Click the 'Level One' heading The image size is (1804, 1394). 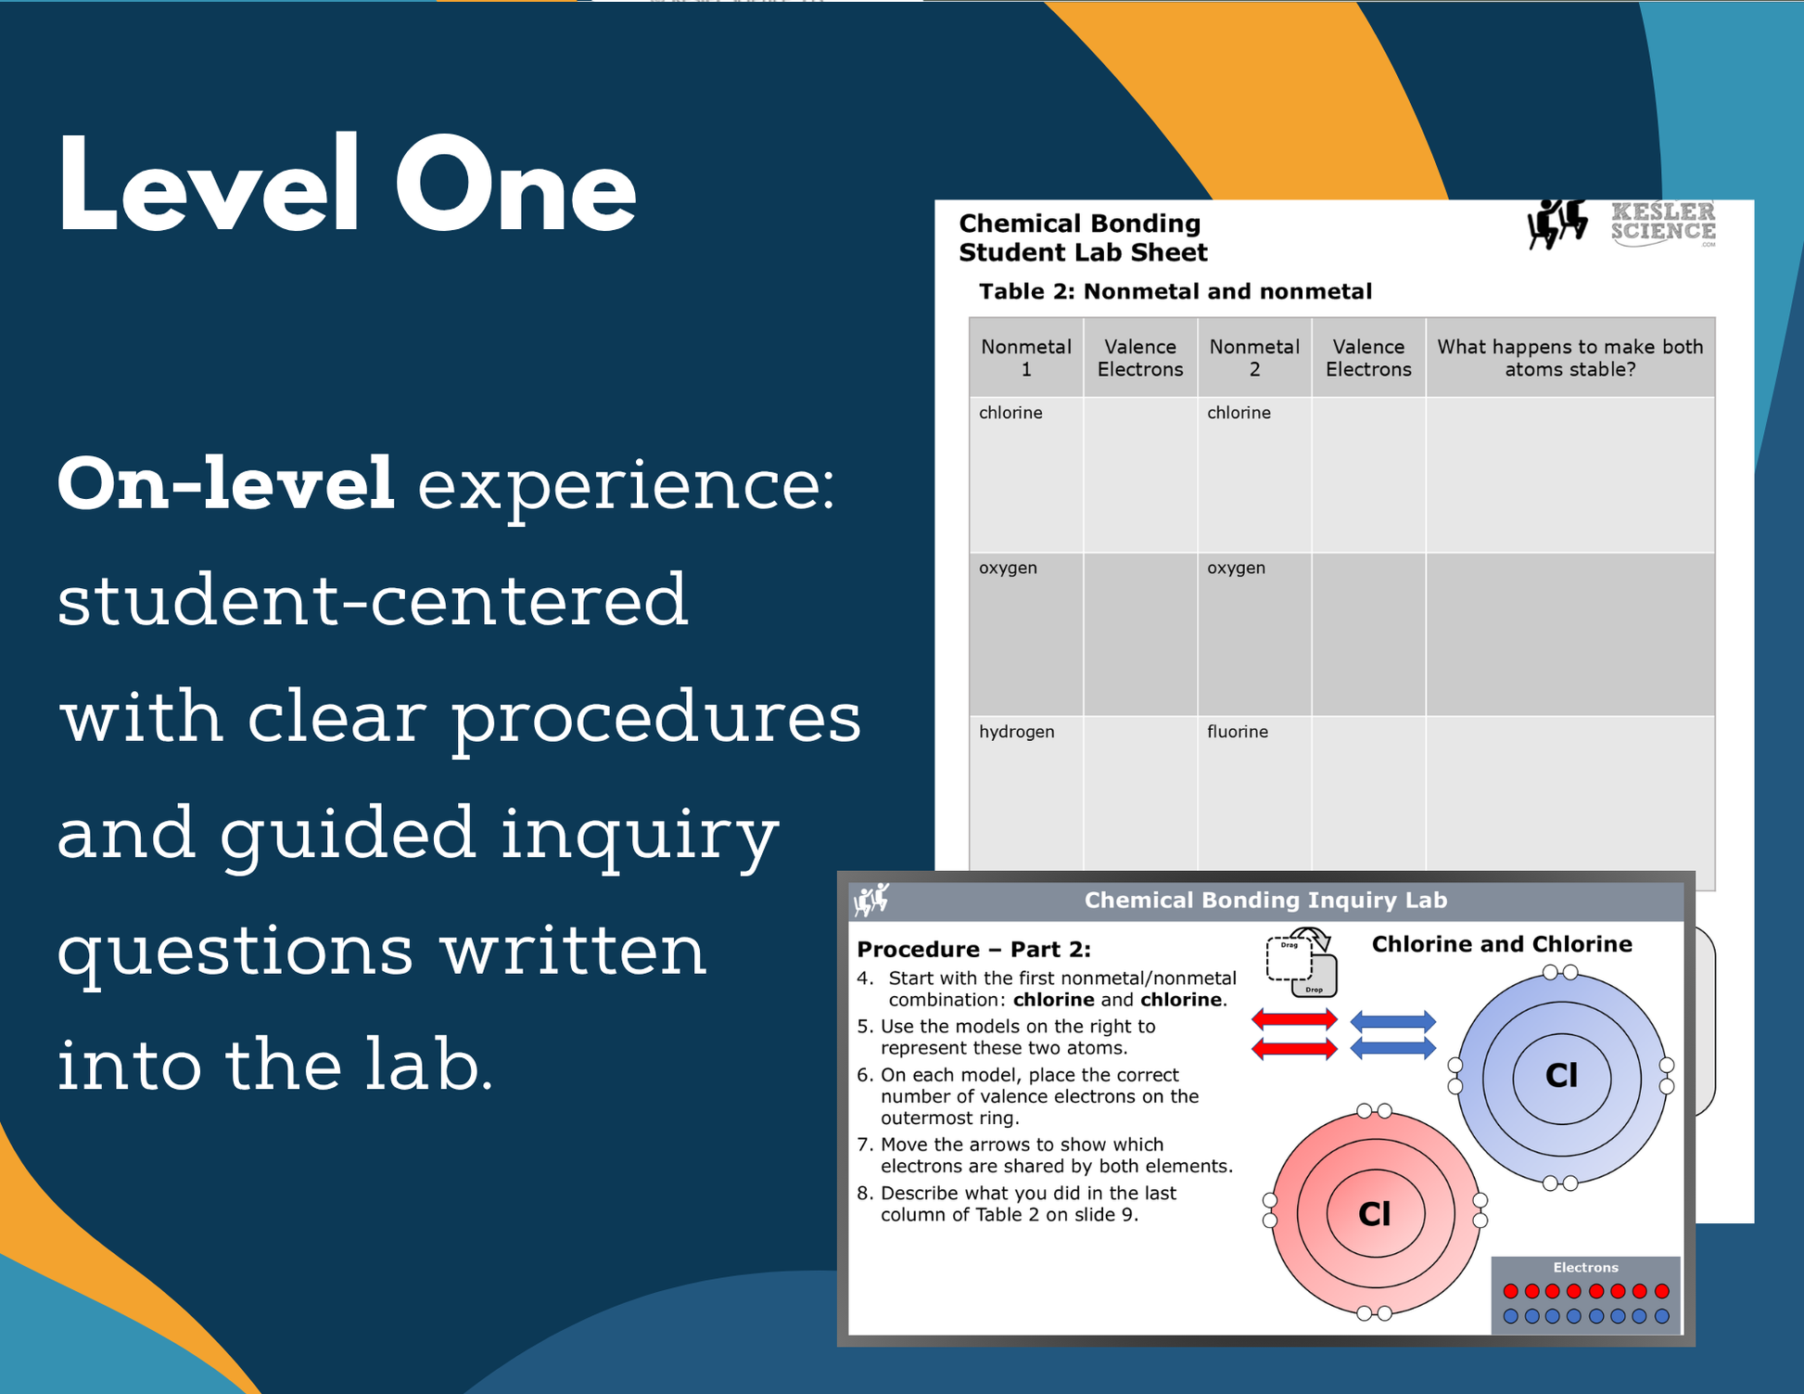tap(348, 184)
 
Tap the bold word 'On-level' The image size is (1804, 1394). tap(226, 483)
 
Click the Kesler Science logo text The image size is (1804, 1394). tap(1663, 224)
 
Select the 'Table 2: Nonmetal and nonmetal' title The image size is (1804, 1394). tap(1175, 291)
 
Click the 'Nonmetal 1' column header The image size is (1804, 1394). tap(1026, 358)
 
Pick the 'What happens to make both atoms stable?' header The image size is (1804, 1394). tap(1569, 358)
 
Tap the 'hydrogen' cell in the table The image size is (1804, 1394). tap(1017, 732)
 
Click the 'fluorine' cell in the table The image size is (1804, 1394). tap(1238, 732)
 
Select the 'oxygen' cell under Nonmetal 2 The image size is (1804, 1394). tap(1236, 569)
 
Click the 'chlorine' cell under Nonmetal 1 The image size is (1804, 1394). tap(1010, 413)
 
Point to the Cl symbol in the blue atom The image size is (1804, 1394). tap(1562, 1076)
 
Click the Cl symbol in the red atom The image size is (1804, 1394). tap(1375, 1214)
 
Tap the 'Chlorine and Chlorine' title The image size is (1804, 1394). tap(1502, 944)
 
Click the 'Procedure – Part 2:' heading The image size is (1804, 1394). tap(973, 949)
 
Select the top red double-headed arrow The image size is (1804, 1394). tap(1294, 1020)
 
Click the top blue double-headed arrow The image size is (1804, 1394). tap(1393, 1022)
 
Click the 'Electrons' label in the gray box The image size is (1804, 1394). tap(1585, 1267)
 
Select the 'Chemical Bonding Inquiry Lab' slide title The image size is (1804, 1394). tap(1265, 900)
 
